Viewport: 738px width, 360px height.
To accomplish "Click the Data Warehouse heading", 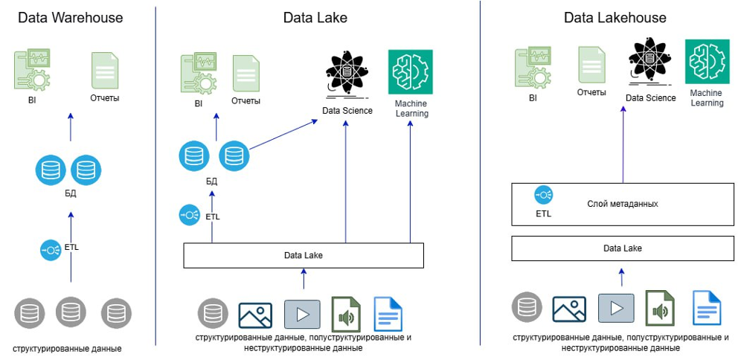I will point(70,17).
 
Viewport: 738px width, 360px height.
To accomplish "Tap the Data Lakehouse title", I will point(615,17).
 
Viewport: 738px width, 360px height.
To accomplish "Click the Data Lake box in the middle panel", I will point(304,255).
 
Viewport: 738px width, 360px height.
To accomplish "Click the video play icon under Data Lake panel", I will point(303,314).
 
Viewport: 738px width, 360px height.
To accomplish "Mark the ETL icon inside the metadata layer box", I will point(543,196).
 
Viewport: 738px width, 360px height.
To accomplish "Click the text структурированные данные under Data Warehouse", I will point(67,348).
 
